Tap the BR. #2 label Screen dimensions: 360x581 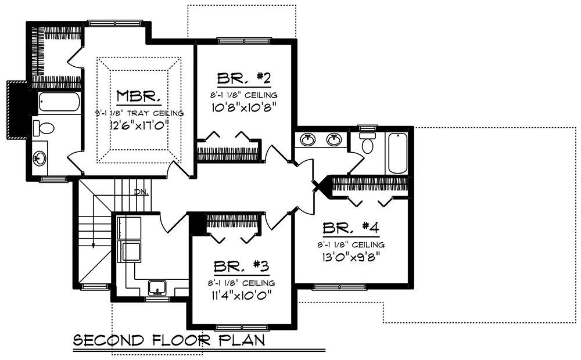[x=244, y=78]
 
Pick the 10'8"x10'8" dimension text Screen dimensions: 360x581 [x=244, y=107]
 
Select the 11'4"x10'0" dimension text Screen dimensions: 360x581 [x=241, y=294]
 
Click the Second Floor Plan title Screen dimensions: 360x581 [x=169, y=340]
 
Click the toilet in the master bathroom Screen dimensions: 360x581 [x=44, y=127]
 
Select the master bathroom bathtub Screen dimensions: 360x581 [x=60, y=103]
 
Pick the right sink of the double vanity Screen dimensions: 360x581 [x=333, y=139]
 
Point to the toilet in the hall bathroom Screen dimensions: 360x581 [x=367, y=143]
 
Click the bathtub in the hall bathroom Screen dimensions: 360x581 [x=397, y=153]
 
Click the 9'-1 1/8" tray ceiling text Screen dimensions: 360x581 [x=139, y=113]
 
